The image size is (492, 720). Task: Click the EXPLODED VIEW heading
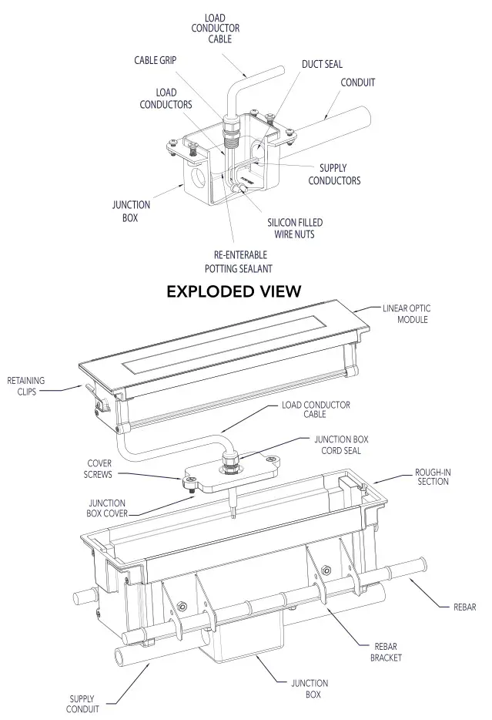click(233, 291)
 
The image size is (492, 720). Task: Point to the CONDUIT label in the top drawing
click(358, 82)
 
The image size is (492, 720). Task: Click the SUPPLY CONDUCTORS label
click(334, 174)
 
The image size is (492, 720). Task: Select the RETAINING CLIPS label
click(26, 385)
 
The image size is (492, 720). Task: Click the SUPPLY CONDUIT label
click(82, 704)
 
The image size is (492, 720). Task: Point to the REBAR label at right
click(469, 607)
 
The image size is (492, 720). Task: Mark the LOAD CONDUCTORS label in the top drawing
click(166, 99)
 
